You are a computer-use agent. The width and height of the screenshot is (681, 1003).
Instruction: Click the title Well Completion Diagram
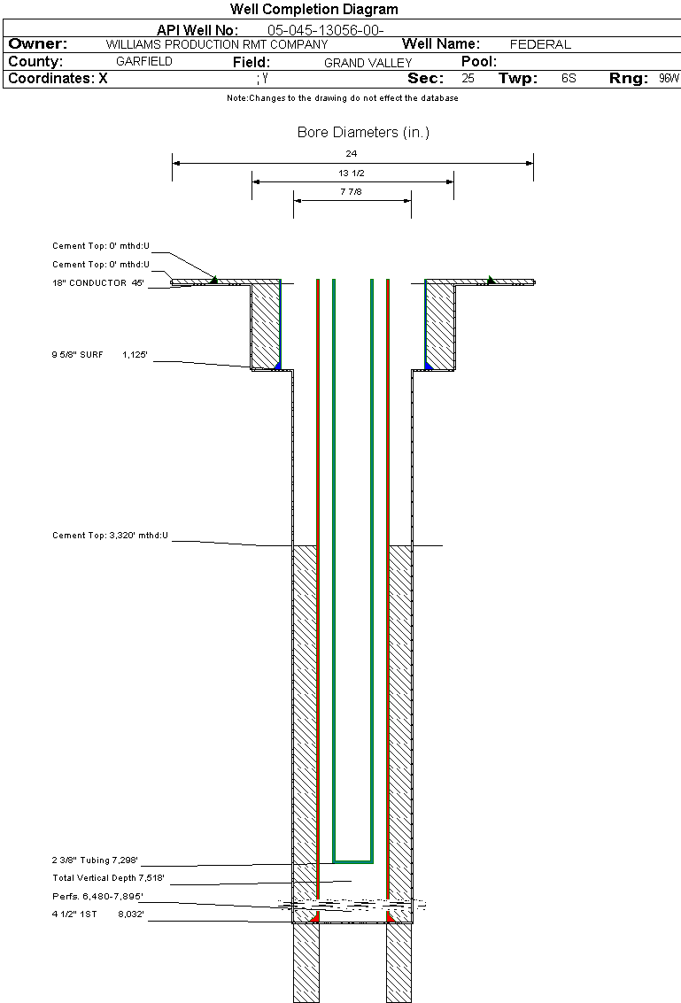tap(314, 9)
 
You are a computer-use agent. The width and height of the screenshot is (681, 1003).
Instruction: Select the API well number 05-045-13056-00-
tap(325, 30)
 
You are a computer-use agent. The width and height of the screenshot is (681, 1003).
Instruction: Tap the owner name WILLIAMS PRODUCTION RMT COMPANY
tap(217, 45)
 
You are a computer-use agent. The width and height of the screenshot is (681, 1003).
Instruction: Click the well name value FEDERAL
tap(540, 45)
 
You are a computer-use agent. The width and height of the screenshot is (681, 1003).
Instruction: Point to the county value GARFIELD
tap(144, 61)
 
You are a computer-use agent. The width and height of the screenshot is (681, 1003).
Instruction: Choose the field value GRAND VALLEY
tap(368, 63)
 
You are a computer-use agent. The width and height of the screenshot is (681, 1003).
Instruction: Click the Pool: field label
tap(479, 61)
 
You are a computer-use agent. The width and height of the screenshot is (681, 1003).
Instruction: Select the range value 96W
tap(669, 78)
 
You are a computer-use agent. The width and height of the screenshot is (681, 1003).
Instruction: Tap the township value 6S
tap(569, 78)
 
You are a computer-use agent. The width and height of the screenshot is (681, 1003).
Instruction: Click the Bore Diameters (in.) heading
tap(364, 133)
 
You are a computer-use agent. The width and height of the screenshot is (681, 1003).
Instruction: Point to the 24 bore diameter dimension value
tap(352, 153)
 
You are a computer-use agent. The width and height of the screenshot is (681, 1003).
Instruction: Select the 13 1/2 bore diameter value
tap(352, 173)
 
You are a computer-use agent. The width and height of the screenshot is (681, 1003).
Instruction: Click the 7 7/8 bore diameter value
tap(352, 191)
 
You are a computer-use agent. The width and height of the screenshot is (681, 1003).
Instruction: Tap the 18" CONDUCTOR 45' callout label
tap(98, 282)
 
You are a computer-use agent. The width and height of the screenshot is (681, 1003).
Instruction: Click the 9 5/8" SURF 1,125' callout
tap(100, 354)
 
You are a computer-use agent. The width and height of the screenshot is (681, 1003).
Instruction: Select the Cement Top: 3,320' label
tap(110, 536)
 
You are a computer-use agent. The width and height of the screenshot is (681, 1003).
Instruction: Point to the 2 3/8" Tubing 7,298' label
tap(95, 860)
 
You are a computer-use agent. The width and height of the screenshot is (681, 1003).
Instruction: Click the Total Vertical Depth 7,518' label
tap(108, 878)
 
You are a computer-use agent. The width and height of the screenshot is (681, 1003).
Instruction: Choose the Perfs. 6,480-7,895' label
tap(98, 896)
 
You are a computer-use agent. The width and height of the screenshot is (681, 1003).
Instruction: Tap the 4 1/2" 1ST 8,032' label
tap(98, 914)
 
